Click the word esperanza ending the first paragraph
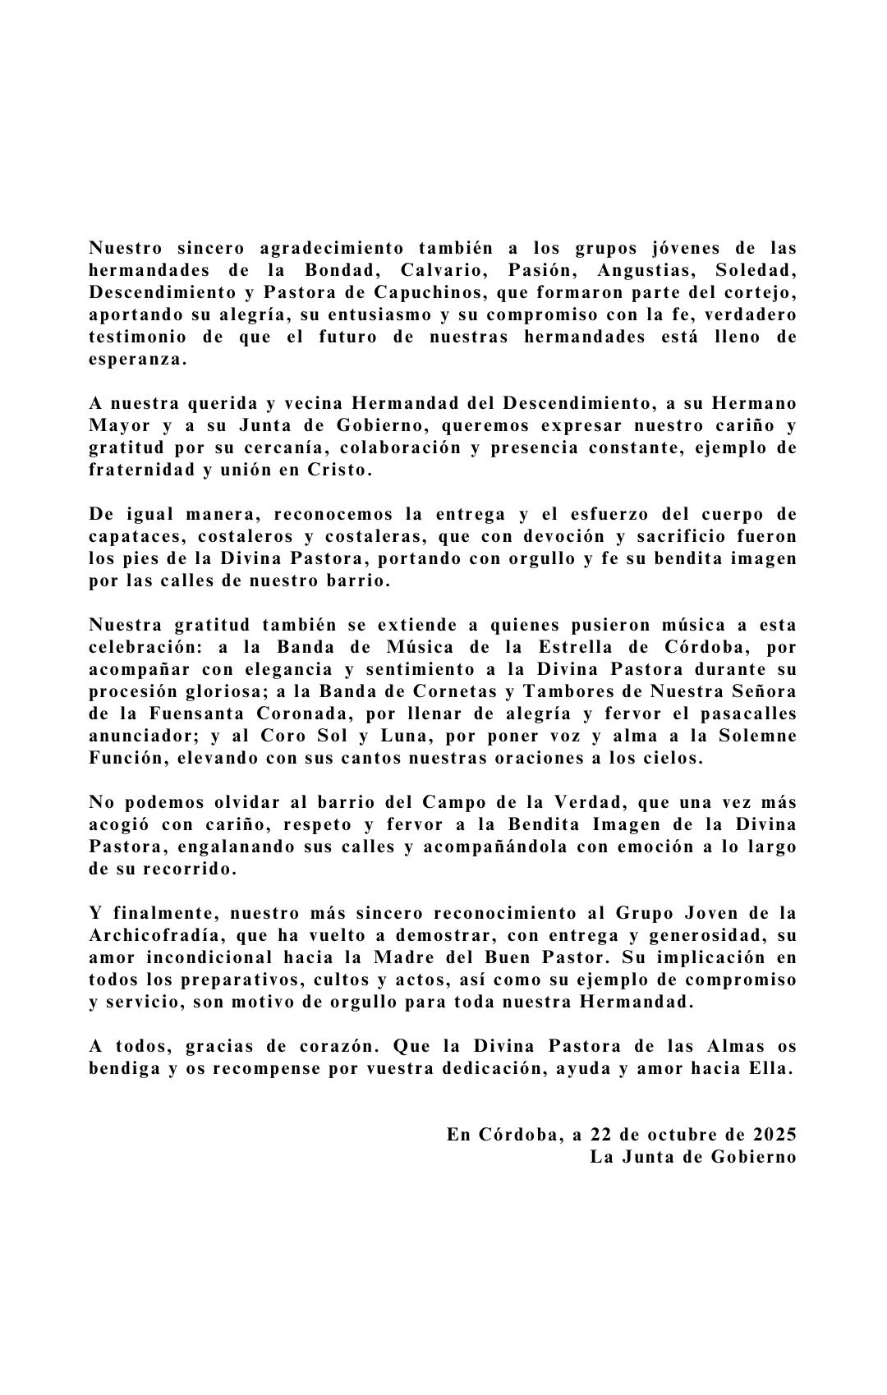tap(138, 360)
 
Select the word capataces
tap(130, 537)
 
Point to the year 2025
tap(774, 1136)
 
